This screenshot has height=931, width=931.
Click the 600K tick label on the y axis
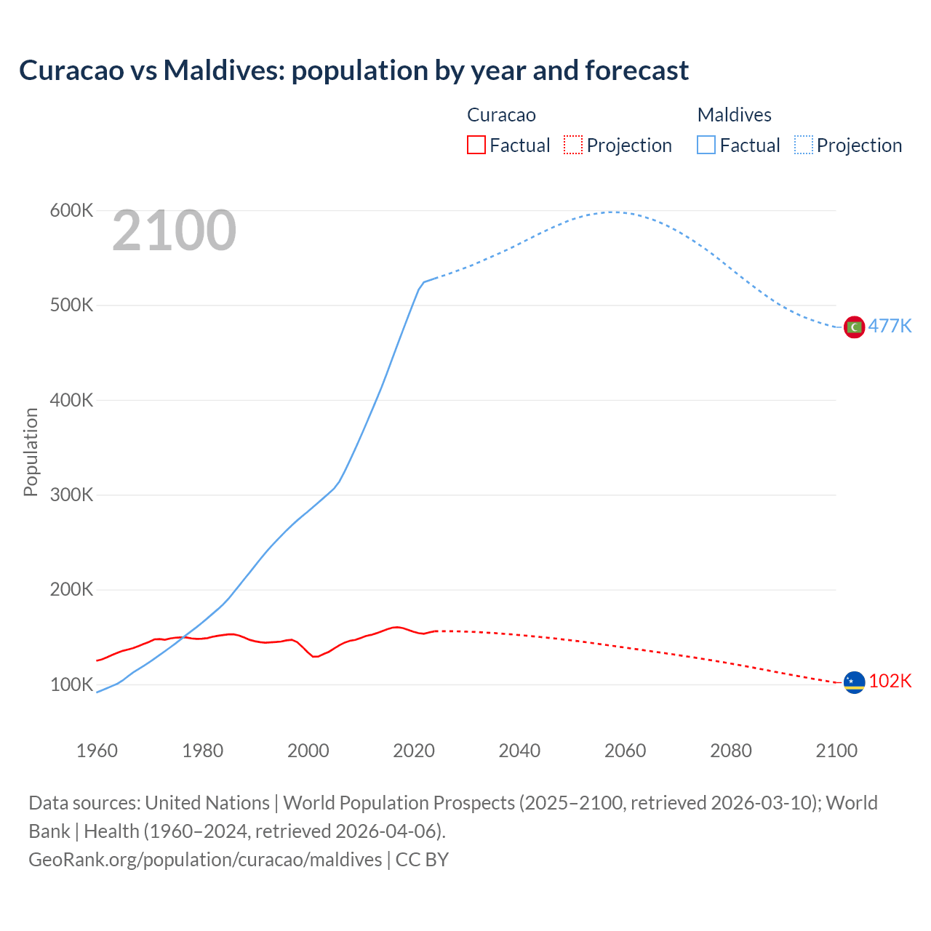[71, 211]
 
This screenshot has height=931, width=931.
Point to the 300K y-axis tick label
[71, 495]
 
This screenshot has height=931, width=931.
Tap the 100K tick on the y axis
[71, 685]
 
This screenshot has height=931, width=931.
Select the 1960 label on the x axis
[97, 751]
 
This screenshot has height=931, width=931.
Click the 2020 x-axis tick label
[414, 751]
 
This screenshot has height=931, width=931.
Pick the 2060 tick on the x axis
[625, 751]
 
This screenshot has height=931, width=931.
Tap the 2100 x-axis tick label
[836, 751]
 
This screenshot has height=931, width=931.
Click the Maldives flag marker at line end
[854, 327]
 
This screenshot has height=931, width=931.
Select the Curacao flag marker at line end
[854, 682]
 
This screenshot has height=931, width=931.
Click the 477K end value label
[890, 326]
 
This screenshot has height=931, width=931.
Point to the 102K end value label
[890, 681]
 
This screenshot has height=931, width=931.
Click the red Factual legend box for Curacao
[476, 145]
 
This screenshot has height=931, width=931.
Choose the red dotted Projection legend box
[573, 145]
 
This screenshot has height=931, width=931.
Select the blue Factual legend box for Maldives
[706, 145]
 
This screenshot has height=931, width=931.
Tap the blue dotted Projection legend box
[804, 145]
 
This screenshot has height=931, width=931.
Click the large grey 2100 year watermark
[174, 231]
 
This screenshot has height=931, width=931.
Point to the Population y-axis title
[31, 452]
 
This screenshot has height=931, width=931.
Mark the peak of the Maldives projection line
[613, 212]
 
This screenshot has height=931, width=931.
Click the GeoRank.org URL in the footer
[205, 860]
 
